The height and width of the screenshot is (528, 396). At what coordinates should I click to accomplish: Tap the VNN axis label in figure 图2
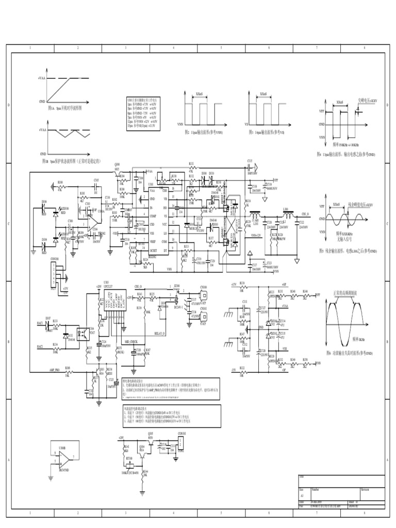(179, 124)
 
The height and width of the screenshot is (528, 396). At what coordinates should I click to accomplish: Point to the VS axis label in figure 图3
(246, 124)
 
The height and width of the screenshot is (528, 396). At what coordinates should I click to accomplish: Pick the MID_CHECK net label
(117, 341)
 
